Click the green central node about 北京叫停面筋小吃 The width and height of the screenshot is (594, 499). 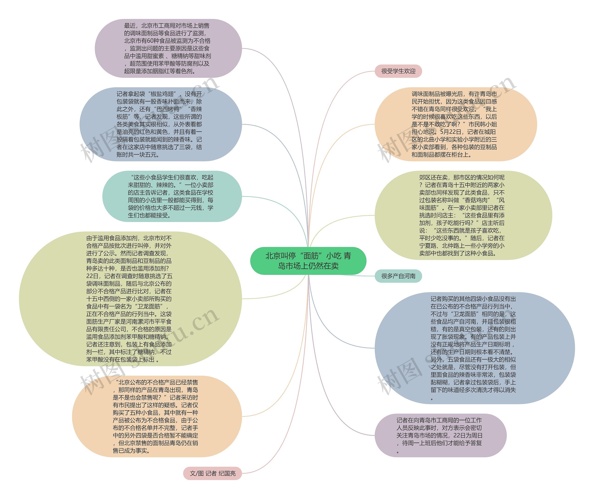(x=308, y=261)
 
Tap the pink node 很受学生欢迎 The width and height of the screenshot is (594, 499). (x=398, y=71)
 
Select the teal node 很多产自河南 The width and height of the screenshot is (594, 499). (x=398, y=276)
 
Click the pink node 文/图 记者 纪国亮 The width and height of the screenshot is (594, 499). (x=213, y=473)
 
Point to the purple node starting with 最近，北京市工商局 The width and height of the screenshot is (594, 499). (x=168, y=48)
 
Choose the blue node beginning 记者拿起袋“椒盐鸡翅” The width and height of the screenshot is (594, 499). (x=160, y=124)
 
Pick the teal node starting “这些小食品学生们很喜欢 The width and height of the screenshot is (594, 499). (x=172, y=196)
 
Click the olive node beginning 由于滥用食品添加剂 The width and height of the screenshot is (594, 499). (x=130, y=299)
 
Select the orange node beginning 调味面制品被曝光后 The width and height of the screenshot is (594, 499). (x=455, y=124)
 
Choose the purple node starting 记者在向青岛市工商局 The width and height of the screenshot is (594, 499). (x=440, y=435)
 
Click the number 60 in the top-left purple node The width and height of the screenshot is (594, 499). (x=150, y=41)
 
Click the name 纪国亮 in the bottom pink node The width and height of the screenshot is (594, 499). (x=227, y=473)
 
